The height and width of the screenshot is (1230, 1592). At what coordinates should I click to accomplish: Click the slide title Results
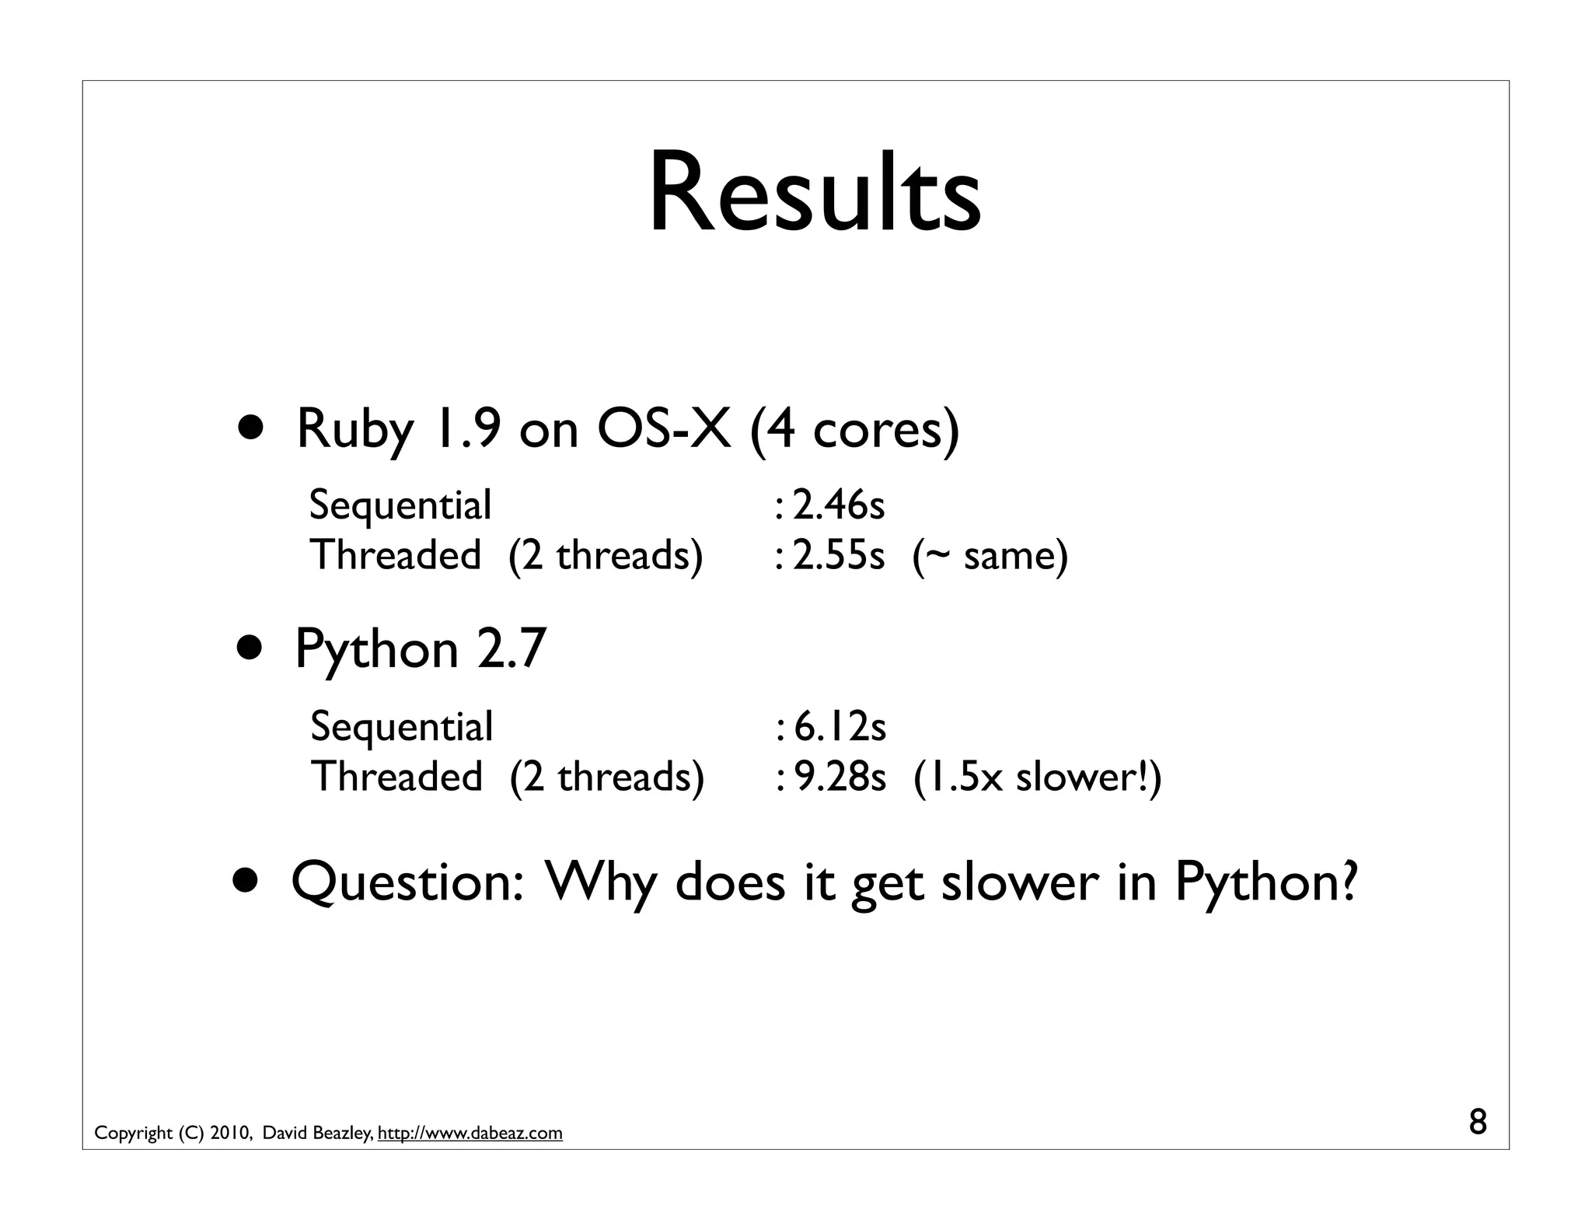(814, 192)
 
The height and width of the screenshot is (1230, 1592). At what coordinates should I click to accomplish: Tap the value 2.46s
(838, 505)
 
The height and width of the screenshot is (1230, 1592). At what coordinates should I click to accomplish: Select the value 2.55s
(838, 555)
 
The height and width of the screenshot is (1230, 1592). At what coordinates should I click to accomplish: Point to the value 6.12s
(840, 726)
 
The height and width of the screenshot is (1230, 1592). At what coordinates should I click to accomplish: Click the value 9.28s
(840, 777)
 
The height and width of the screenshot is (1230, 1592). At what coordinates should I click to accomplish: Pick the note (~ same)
(990, 555)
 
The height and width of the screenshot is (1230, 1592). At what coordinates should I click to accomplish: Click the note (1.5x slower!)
(1037, 777)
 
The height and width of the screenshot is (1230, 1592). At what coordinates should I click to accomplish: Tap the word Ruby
(355, 430)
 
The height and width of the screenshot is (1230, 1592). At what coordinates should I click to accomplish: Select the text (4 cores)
(854, 430)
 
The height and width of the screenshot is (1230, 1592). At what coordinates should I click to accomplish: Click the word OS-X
(663, 428)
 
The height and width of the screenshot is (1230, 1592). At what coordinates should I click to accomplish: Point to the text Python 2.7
(421, 648)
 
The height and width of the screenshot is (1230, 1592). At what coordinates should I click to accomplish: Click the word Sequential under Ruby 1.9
(400, 506)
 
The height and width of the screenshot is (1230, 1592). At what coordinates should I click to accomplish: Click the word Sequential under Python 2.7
(401, 728)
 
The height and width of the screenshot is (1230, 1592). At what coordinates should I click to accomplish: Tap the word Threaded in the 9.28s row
(396, 777)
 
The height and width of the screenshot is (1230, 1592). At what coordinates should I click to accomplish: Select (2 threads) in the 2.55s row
(606, 555)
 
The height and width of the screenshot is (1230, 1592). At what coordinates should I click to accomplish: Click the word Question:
(407, 882)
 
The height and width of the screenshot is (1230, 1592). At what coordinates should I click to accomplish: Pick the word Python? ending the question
(1266, 882)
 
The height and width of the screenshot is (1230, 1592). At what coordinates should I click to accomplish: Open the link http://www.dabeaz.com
(470, 1134)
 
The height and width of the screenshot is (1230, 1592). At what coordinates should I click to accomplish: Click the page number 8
(1478, 1123)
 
